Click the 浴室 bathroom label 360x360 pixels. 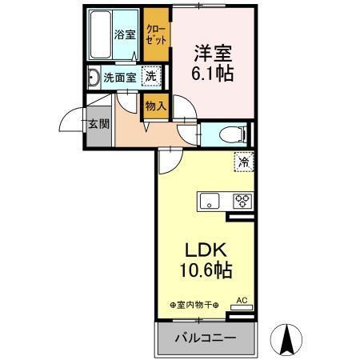123,34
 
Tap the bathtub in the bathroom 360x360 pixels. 102,34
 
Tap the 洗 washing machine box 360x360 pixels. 150,77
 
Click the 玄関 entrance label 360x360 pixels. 98,124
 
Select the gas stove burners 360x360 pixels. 242,201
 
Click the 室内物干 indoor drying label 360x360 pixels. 194,305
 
